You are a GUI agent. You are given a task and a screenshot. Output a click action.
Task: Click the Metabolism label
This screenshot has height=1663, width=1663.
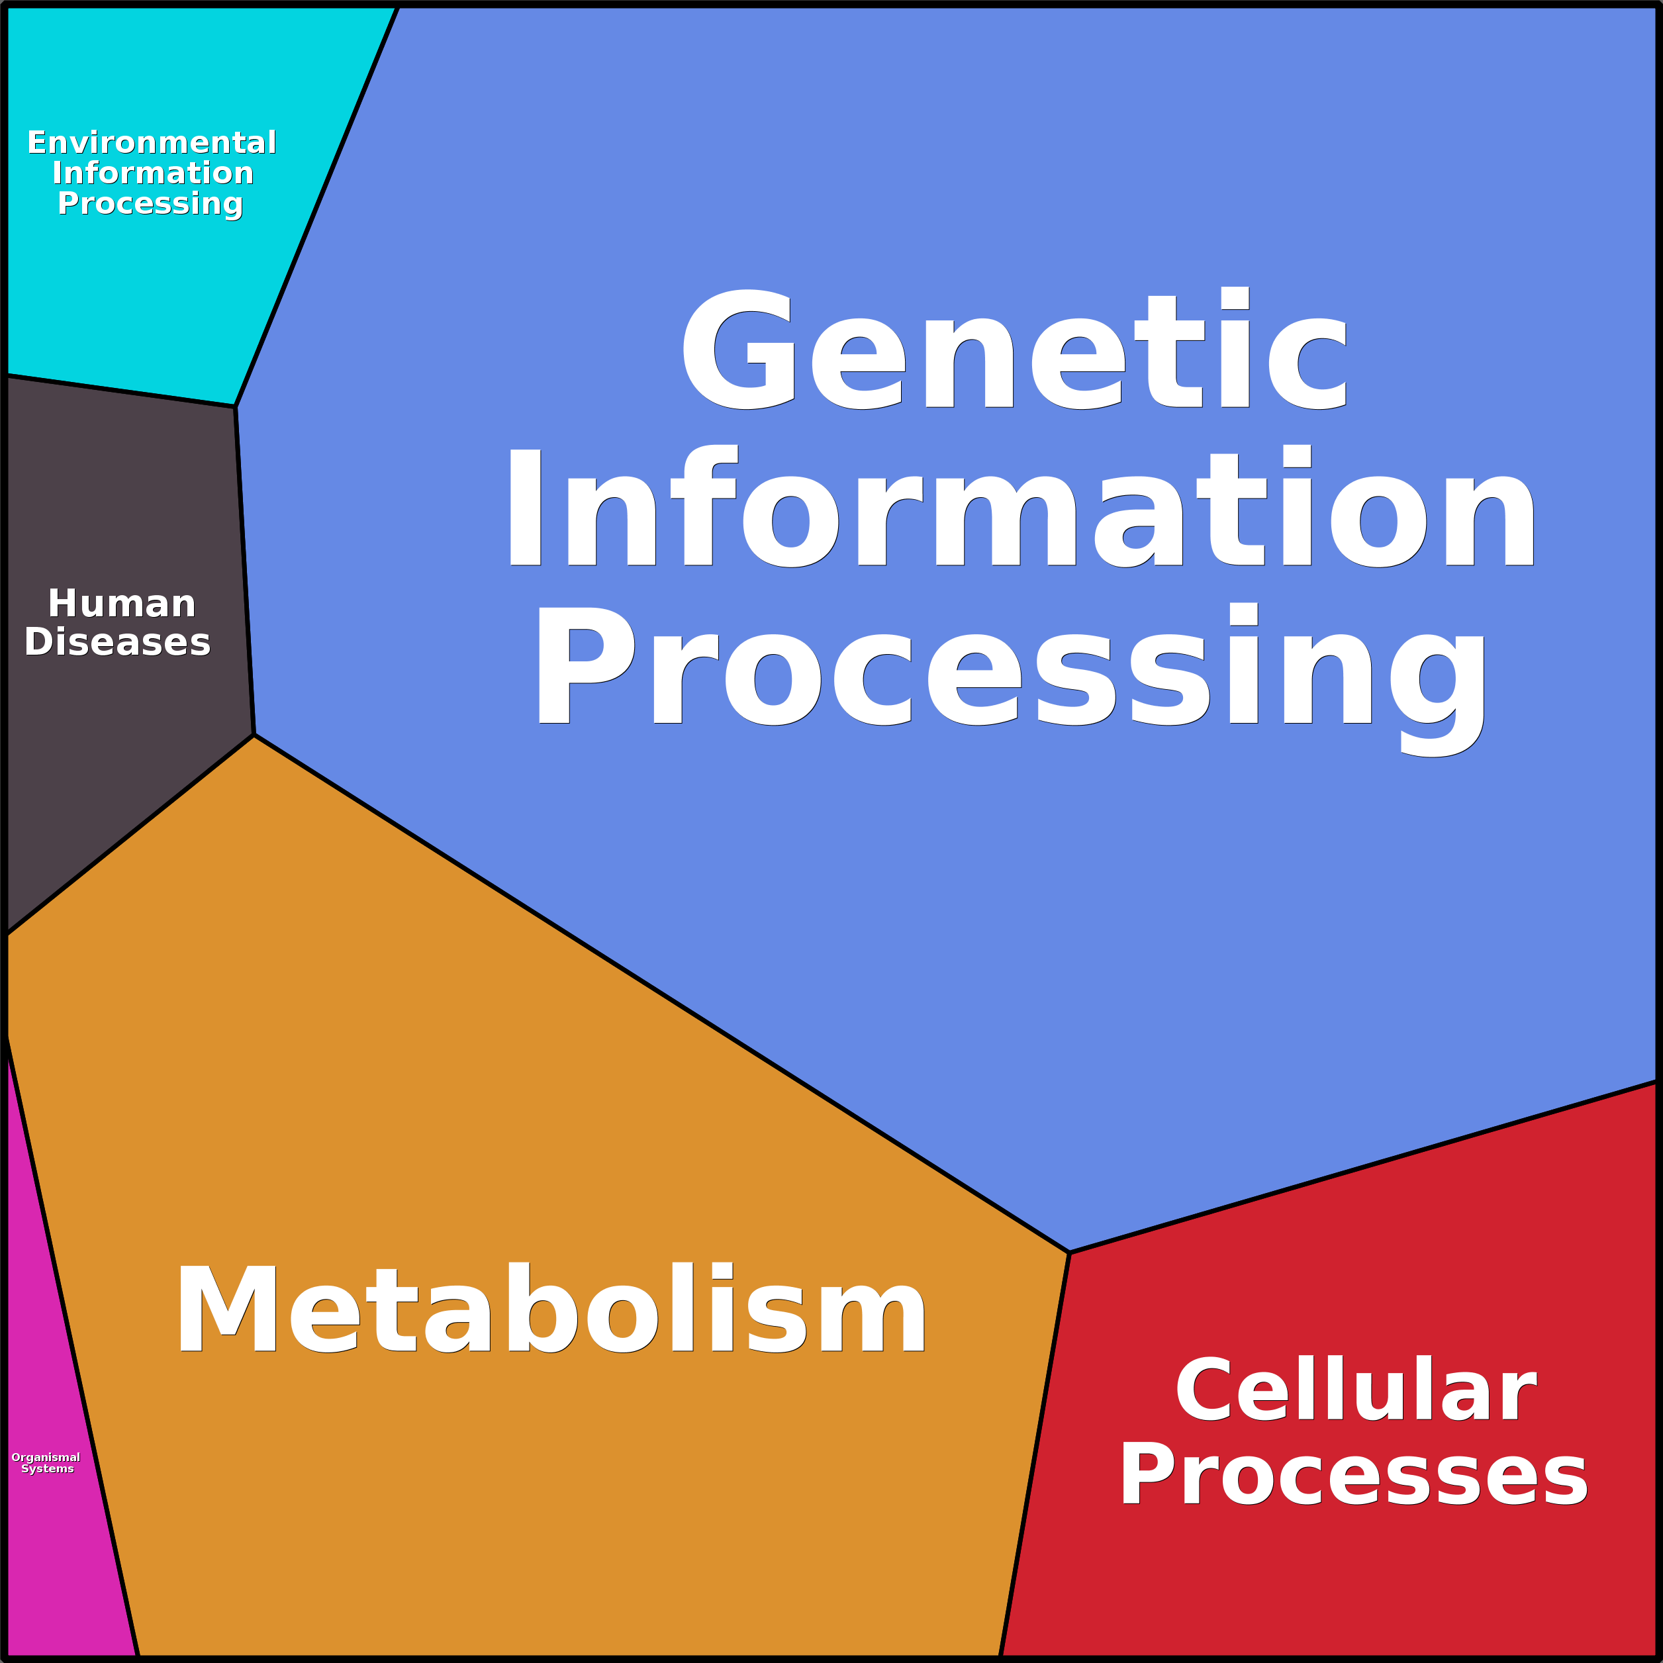551,1310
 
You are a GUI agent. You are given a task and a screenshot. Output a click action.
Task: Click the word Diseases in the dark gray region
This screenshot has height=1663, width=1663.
118,642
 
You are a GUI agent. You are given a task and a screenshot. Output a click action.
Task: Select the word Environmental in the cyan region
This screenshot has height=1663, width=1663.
152,142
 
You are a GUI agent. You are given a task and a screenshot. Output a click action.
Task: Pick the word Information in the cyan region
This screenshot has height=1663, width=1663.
153,173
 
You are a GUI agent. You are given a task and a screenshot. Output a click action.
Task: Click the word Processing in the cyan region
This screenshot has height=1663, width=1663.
151,204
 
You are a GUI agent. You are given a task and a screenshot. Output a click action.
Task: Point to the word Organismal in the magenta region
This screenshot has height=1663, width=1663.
46,1457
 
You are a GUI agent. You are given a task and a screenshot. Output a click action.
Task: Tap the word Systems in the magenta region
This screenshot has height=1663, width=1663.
48,1468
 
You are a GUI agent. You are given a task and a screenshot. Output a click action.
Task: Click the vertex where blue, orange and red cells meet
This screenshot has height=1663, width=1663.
1069,1253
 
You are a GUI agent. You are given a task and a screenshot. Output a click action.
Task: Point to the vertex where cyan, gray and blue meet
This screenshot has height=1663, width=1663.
235,406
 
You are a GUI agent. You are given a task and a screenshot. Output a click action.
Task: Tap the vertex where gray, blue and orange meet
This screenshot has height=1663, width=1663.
254,734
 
